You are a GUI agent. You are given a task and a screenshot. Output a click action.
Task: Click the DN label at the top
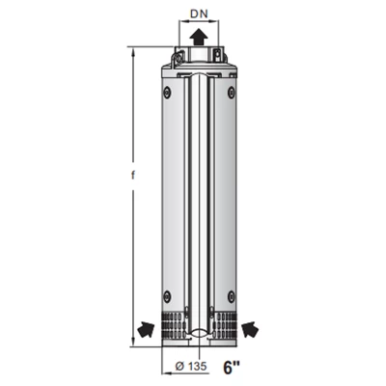pos(200,14)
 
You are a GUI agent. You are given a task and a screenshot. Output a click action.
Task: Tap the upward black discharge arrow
pos(198,37)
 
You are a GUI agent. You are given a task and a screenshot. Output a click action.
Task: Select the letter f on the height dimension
pos(132,176)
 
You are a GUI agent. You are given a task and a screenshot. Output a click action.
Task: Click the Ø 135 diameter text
pos(191,367)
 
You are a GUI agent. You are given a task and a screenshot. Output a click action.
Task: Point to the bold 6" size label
pos(231,368)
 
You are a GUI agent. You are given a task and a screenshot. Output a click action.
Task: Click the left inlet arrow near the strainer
pos(146,330)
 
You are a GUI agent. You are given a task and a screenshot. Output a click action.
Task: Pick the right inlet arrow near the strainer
pos(250,330)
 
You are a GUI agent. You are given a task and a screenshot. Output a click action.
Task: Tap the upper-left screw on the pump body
pos(167,93)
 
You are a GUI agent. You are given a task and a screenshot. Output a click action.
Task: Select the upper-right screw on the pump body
pos(232,93)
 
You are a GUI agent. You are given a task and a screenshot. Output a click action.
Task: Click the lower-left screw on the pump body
pos(167,295)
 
